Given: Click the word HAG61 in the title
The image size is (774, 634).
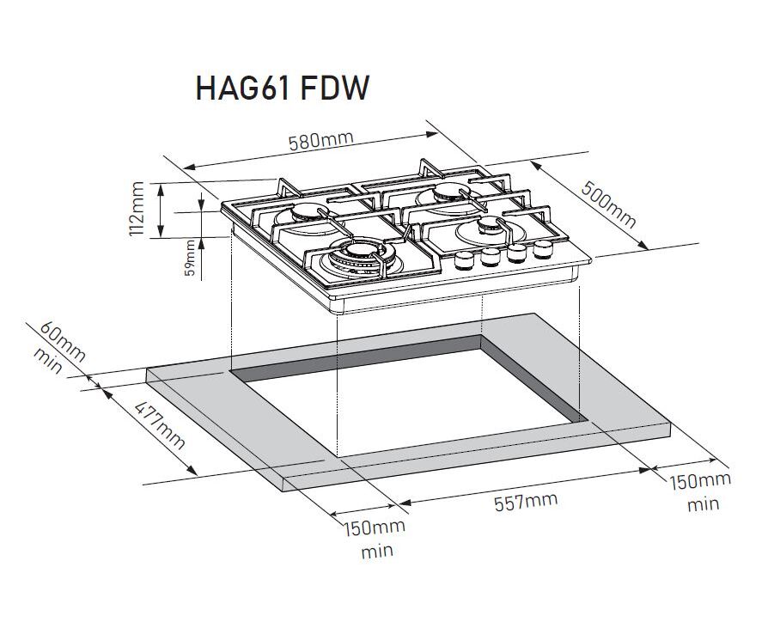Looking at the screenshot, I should coord(244,88).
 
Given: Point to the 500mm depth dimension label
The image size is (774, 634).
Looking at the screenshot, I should coord(609,204).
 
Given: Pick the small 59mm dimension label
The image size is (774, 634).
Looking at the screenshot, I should coord(190,259).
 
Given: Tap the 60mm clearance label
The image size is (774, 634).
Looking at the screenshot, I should coord(63,337).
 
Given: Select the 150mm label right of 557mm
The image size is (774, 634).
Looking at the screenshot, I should coord(700,481).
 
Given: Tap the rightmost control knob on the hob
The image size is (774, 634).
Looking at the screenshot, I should coord(542,250).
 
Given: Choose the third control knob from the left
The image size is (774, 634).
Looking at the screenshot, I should coord(517,253).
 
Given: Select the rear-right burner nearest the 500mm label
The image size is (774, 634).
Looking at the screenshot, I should coord(449,193).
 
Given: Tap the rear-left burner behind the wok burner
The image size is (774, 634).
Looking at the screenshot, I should coord(304,214).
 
